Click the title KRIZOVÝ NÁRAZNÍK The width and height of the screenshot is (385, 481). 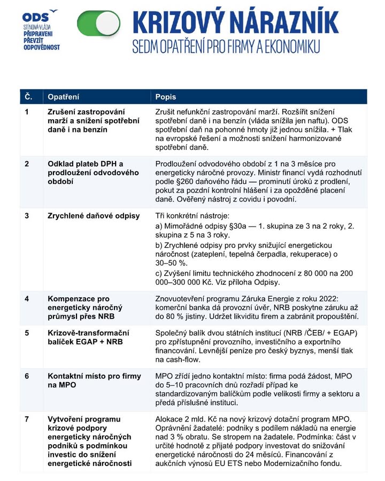point(235,22)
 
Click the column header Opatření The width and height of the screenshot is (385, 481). point(63,97)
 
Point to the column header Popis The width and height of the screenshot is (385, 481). point(165,97)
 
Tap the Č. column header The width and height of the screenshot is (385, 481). point(28,97)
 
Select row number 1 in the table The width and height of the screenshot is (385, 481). point(27,112)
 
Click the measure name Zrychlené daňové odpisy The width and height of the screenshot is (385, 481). point(94,216)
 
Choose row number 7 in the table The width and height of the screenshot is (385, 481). point(27,418)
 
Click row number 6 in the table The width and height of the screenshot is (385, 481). point(27,376)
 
